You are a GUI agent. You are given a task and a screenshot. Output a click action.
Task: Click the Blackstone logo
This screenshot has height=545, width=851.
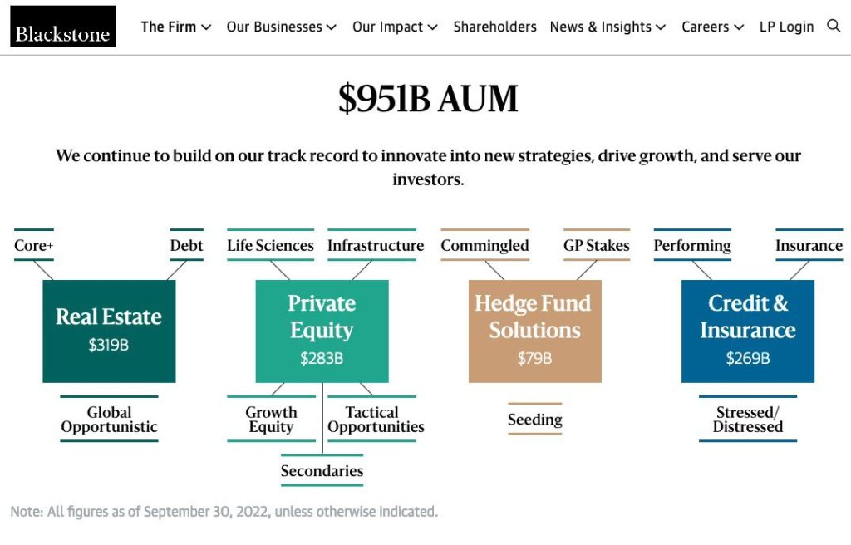[x=62, y=26]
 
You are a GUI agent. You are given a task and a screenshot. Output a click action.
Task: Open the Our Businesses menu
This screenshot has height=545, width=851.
[x=281, y=27]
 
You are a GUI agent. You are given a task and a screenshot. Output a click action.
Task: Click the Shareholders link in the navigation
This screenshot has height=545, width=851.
[x=494, y=27]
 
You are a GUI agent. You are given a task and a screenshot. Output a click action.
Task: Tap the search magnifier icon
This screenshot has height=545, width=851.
[x=833, y=26]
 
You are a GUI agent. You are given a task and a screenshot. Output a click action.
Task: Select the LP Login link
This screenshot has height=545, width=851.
[x=786, y=27]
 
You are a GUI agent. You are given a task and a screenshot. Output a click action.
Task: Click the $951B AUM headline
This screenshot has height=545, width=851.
[x=428, y=98]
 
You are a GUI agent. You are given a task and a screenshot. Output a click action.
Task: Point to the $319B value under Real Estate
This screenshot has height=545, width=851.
[x=109, y=345]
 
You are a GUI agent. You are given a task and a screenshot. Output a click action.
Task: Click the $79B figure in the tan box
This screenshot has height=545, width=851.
[x=534, y=358]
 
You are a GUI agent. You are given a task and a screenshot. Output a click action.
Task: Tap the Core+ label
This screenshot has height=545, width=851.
[x=33, y=245]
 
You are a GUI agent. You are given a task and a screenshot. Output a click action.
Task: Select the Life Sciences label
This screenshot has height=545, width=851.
[x=270, y=245]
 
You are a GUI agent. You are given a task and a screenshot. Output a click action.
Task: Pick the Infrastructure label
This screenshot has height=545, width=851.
[x=376, y=245]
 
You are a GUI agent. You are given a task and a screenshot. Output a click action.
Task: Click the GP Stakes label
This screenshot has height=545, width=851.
[x=597, y=245]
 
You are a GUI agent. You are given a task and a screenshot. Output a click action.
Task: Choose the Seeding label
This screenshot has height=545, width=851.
[x=535, y=419]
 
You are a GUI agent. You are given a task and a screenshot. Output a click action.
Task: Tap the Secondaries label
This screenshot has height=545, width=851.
[x=322, y=470]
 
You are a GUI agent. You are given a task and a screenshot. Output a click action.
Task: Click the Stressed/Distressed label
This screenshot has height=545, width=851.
[x=748, y=419]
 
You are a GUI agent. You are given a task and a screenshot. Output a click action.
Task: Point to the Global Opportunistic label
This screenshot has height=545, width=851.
[x=109, y=419]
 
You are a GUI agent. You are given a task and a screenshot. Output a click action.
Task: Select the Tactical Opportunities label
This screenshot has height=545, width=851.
[x=376, y=419]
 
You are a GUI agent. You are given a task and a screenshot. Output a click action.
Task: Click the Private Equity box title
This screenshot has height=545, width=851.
[x=322, y=317]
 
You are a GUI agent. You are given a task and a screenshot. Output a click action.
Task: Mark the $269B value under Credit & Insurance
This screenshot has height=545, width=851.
[x=748, y=358]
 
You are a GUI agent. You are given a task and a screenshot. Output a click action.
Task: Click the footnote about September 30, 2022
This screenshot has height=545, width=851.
[x=224, y=511]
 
